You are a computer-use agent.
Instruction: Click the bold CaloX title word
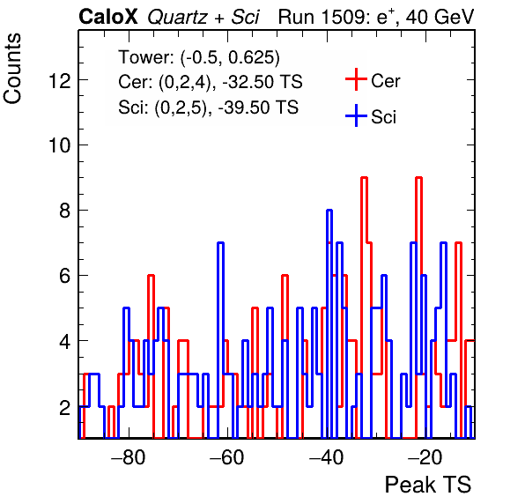(x=108, y=17)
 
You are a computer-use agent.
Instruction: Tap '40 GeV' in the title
(x=440, y=17)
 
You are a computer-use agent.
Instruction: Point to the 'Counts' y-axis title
(x=12, y=69)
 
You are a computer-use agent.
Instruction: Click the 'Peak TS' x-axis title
(x=428, y=485)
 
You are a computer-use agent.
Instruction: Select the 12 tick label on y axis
(x=60, y=80)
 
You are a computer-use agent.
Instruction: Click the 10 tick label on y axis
(x=60, y=145)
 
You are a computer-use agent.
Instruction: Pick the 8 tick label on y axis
(x=65, y=211)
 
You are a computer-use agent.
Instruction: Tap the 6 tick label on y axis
(x=65, y=276)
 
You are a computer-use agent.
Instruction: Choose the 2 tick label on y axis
(x=65, y=408)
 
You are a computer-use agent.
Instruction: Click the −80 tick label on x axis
(x=129, y=457)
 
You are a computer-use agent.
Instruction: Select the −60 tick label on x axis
(x=227, y=457)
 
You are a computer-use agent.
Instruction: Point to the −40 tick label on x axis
(x=327, y=457)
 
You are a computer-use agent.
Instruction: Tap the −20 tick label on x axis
(x=425, y=457)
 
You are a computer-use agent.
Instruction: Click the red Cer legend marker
(x=356, y=79)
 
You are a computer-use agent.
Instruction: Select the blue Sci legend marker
(x=356, y=116)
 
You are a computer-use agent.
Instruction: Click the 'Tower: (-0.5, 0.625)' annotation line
(x=199, y=57)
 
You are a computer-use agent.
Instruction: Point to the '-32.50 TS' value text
(x=262, y=82)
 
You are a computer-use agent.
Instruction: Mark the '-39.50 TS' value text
(x=258, y=107)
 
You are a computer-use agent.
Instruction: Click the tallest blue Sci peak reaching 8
(x=329, y=211)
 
